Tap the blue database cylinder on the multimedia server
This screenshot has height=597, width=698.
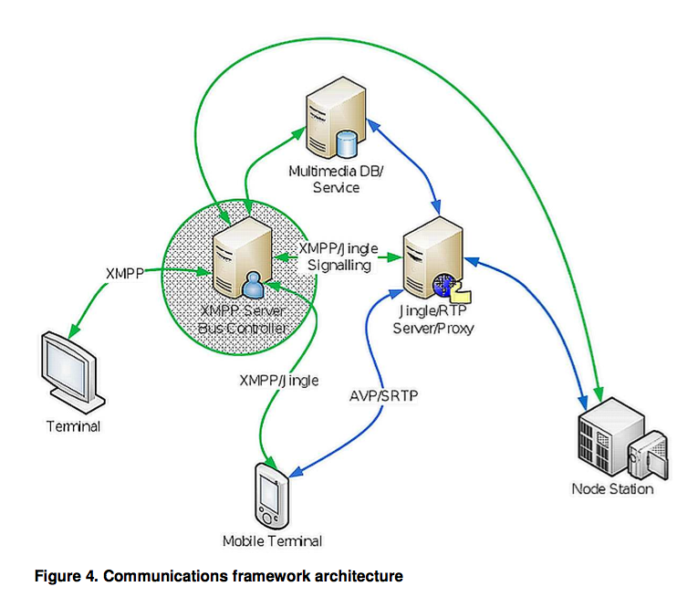pyautogui.click(x=346, y=144)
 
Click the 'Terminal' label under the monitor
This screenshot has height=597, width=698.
pyautogui.click(x=73, y=426)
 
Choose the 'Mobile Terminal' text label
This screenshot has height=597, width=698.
pyautogui.click(x=272, y=541)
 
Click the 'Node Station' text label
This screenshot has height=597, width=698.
pyautogui.click(x=612, y=489)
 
